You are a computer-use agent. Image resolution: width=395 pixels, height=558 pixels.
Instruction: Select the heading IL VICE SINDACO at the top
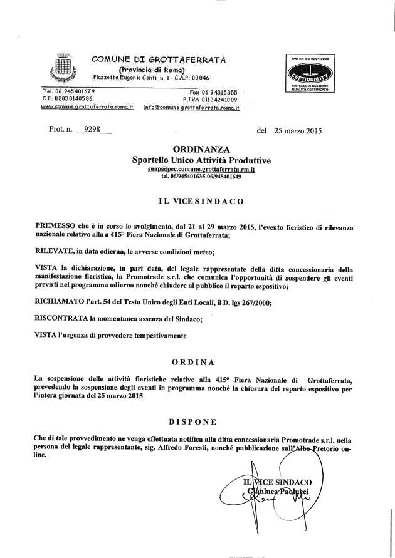click(x=196, y=202)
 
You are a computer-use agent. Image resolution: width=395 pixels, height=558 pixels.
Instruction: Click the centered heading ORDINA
click(x=197, y=362)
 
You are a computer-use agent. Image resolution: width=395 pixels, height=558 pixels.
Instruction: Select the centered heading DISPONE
click(x=196, y=421)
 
